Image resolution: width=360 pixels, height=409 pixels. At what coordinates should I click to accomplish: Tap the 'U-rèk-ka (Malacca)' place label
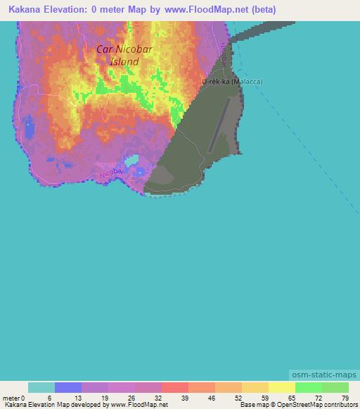coord(232,82)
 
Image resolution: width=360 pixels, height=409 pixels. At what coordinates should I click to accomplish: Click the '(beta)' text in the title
coord(264,10)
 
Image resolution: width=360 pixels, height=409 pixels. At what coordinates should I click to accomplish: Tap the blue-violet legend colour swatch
coord(68,387)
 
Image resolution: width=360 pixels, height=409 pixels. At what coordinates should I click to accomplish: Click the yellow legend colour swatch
coord(282,387)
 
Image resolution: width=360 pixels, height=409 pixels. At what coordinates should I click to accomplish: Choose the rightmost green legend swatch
coord(335,387)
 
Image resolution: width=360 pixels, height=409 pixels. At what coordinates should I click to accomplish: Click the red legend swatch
coord(175,387)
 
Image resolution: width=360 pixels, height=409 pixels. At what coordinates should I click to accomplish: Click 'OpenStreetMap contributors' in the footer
coord(317,405)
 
